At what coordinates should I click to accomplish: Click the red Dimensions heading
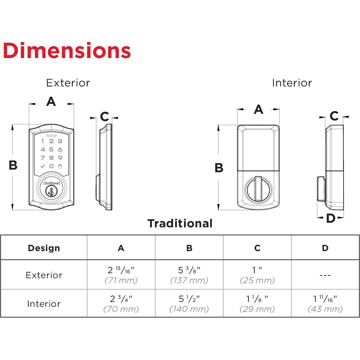[67, 51]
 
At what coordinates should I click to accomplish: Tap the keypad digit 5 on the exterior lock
[51, 149]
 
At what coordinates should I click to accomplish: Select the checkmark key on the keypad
[43, 166]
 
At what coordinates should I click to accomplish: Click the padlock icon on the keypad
[60, 166]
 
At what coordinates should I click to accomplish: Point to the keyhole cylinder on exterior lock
[51, 191]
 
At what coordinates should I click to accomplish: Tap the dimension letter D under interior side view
[330, 218]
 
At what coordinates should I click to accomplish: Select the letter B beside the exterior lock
[13, 165]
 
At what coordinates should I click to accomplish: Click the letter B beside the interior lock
[219, 168]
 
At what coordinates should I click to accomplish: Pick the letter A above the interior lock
[258, 109]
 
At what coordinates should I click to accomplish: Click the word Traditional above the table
[180, 223]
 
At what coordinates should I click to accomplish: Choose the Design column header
[44, 248]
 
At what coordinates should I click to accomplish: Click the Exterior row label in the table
[44, 275]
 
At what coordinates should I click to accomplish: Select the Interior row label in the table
[44, 304]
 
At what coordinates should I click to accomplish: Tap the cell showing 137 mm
[189, 275]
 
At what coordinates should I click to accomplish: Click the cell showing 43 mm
[325, 304]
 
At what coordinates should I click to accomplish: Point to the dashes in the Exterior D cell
[325, 275]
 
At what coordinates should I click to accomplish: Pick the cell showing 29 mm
[257, 304]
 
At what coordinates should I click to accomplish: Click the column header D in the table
[325, 248]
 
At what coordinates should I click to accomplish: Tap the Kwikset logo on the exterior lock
[51, 182]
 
